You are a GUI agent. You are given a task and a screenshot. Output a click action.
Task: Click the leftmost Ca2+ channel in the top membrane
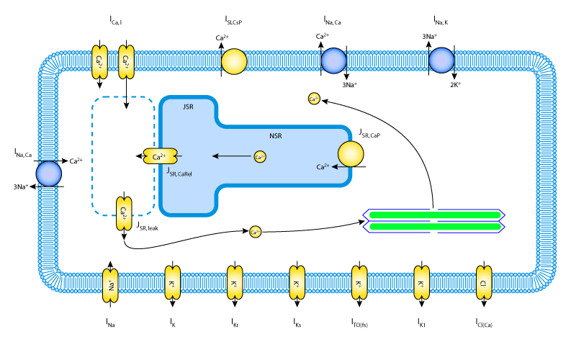coord(99,62)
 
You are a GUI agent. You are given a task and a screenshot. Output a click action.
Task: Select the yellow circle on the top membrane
coord(234,62)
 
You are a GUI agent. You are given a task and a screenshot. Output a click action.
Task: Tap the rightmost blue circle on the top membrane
coord(441,60)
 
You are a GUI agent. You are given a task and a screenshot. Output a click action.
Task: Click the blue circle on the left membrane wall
coord(49,174)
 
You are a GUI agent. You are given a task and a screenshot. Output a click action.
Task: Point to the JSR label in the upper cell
coord(188,107)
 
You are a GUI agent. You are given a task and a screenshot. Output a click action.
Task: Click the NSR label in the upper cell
coord(276,136)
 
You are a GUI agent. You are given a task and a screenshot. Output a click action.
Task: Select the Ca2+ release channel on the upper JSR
coord(160,156)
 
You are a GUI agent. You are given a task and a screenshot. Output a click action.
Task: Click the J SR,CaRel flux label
coord(179,172)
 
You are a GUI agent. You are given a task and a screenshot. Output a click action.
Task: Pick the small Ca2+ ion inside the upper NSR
coord(260,156)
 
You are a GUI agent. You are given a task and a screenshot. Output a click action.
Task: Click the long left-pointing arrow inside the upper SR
coord(231,156)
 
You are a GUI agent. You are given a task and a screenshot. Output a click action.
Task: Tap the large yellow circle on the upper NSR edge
coord(351,154)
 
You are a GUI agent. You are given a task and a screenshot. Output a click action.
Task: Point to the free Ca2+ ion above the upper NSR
coord(314,99)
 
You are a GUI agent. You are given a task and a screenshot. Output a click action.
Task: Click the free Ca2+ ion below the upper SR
coord(255,232)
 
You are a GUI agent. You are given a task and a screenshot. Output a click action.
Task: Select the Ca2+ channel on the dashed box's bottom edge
coord(124,214)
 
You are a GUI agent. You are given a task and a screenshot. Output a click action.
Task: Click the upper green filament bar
coord(435,215)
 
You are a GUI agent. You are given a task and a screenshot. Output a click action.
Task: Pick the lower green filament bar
coord(435,227)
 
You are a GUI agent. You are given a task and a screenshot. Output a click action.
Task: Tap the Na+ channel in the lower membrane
coord(110,285)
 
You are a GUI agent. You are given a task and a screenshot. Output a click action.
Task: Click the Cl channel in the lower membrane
coord(484,282)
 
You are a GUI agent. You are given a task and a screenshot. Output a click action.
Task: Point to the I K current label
coord(173,323)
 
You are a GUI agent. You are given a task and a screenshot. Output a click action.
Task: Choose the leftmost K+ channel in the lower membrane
coord(173,282)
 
